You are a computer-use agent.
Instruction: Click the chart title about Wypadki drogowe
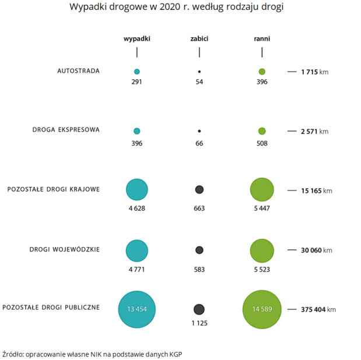click(x=180, y=8)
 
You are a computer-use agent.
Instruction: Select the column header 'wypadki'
click(x=137, y=39)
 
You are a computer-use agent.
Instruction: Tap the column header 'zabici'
click(x=199, y=39)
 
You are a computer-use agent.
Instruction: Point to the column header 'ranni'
click(x=262, y=39)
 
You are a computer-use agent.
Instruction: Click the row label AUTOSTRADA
click(x=78, y=71)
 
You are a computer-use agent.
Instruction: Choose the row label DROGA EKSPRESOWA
click(x=66, y=130)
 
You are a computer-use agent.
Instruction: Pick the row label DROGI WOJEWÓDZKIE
click(x=65, y=249)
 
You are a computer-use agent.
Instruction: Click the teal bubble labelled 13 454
click(x=137, y=309)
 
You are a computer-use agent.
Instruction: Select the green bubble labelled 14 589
click(x=262, y=309)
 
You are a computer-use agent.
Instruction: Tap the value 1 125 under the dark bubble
click(x=199, y=323)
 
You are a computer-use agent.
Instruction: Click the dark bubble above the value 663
click(x=199, y=189)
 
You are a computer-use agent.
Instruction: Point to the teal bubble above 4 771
click(x=137, y=250)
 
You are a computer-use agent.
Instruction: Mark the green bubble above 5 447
click(x=262, y=189)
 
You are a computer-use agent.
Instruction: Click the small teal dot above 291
click(x=137, y=72)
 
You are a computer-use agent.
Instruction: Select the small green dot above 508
click(x=262, y=131)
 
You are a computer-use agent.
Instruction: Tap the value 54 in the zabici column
click(x=199, y=82)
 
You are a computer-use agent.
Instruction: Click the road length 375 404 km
click(x=318, y=309)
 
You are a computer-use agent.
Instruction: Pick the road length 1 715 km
click(x=314, y=72)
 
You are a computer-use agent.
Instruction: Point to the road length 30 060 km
click(x=316, y=250)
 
